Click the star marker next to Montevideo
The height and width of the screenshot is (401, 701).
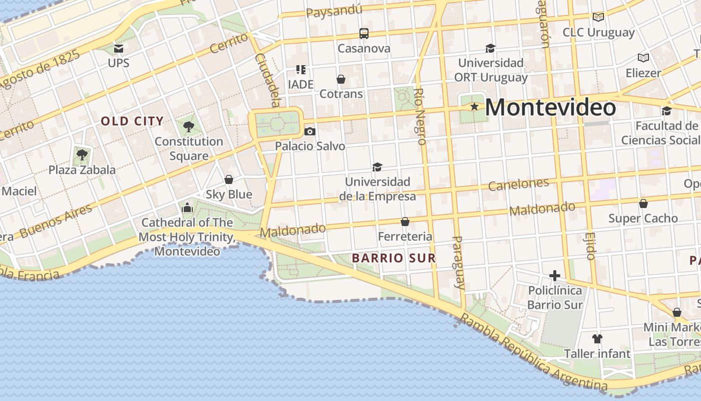474,107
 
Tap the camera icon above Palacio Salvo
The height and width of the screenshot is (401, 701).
310,131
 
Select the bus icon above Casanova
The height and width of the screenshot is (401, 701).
364,34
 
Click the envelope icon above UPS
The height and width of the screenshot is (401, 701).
119,48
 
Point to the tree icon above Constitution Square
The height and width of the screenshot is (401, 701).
188,126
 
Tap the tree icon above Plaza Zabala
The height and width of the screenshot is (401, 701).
82,154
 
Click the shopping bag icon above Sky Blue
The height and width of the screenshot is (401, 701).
229,179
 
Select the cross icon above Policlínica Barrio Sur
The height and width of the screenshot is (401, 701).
554,275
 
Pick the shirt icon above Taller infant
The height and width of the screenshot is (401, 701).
597,339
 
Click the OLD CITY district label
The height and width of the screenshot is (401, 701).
132,121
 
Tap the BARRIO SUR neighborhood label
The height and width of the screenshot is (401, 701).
394,258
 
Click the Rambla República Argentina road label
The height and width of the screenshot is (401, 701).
533,353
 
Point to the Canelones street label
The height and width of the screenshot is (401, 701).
518,184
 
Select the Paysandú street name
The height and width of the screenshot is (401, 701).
334,11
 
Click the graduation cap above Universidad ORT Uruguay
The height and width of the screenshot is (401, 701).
490,48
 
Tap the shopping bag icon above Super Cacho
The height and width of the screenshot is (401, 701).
643,204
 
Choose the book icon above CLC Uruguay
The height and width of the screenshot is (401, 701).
598,17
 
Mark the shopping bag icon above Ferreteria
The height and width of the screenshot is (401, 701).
405,222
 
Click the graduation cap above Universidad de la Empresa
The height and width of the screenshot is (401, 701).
377,167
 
